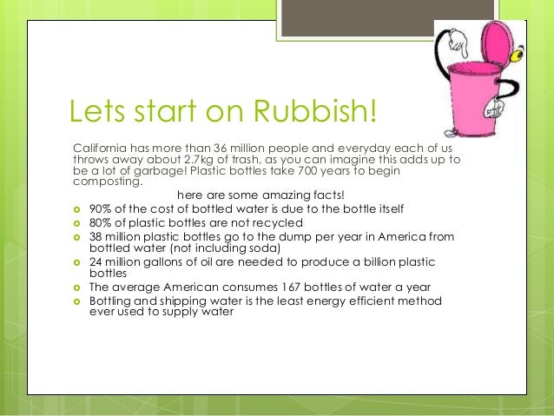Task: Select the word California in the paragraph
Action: [100, 148]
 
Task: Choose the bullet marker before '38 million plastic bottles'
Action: [76, 237]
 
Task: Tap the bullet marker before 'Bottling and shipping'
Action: [76, 301]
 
